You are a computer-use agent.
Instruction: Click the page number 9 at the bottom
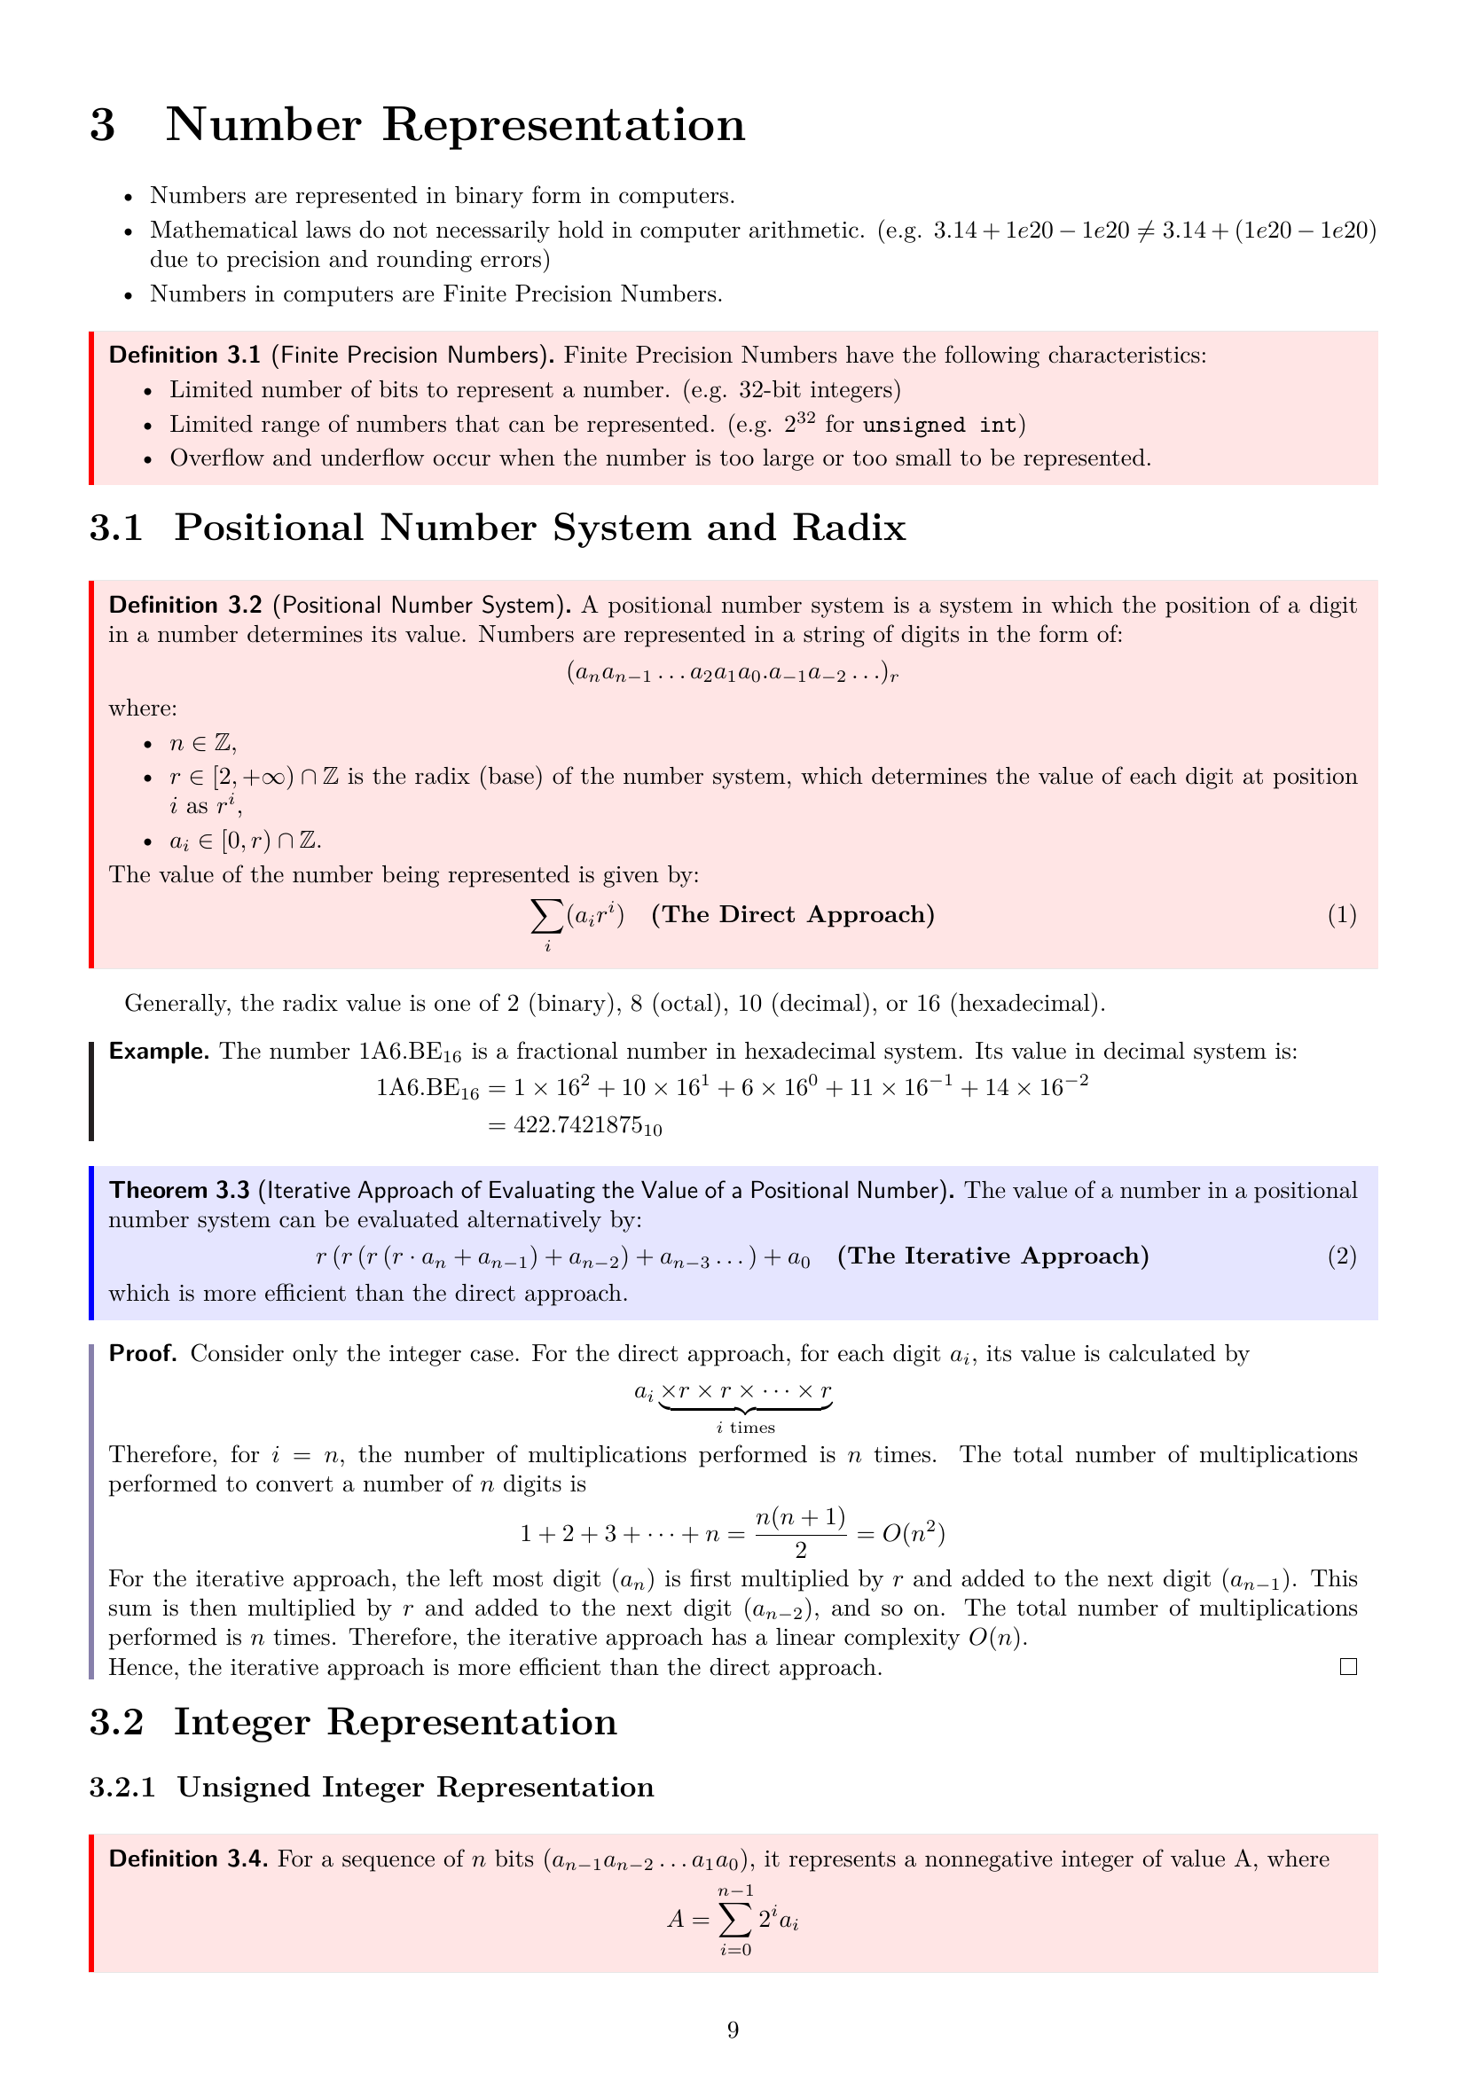pos(733,2030)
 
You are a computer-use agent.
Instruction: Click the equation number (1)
pos(1341,915)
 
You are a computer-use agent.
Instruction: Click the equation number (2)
pos(1341,1256)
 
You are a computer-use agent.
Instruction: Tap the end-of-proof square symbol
pos(1348,1667)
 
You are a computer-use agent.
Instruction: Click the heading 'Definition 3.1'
pos(184,355)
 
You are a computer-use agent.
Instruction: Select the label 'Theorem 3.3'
pos(179,1191)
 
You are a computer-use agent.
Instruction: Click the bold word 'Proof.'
pos(143,1353)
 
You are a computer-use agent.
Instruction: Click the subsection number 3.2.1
pos(122,1788)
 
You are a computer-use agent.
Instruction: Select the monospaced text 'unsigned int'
pos(938,425)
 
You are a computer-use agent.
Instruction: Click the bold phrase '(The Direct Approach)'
pos(792,915)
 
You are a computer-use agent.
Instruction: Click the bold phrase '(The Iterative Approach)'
pos(992,1256)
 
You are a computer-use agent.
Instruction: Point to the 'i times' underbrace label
pos(745,1428)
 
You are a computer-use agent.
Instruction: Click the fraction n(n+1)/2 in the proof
pos(800,1532)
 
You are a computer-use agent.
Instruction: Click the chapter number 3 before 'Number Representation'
pos(103,125)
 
